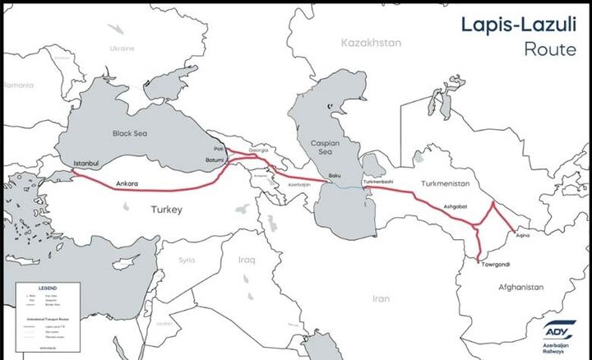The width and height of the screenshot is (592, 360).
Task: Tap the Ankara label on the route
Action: coord(127,182)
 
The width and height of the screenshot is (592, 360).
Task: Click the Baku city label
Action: coord(335,177)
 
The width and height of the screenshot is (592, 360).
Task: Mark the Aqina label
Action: coord(522,235)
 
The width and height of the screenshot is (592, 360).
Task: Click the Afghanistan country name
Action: coord(517,287)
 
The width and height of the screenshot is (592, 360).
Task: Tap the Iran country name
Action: coord(382,298)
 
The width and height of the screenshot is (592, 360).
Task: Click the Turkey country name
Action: coord(166,210)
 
